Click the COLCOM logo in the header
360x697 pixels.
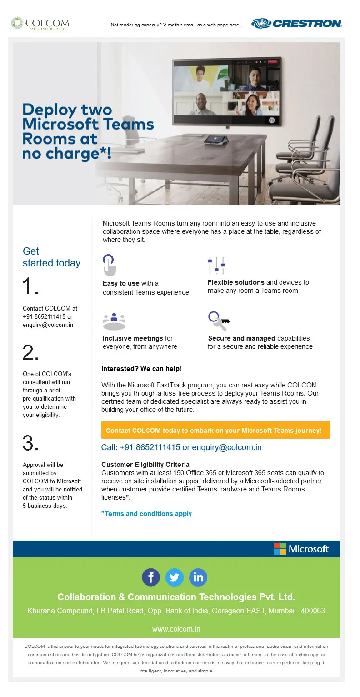click(x=40, y=23)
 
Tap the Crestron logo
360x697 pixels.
click(x=296, y=23)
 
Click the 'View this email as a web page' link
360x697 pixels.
click(x=175, y=25)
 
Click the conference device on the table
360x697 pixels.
click(x=214, y=139)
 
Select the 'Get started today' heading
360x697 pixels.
click(x=51, y=257)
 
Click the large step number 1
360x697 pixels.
click(x=30, y=287)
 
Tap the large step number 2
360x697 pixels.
click(x=30, y=353)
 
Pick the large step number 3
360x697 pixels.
click(x=30, y=443)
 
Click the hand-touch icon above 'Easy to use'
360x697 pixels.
click(x=109, y=265)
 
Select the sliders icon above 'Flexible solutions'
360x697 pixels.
click(x=216, y=265)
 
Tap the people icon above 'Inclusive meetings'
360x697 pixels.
click(x=114, y=321)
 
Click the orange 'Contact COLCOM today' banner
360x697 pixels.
click(x=215, y=430)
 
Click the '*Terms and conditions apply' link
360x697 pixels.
click(x=146, y=514)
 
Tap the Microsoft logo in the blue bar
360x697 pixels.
click(x=301, y=549)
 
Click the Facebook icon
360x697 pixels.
click(x=151, y=577)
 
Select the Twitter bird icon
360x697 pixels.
click(x=175, y=577)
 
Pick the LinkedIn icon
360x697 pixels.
click(x=198, y=577)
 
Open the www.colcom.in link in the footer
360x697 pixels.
click(x=176, y=629)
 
